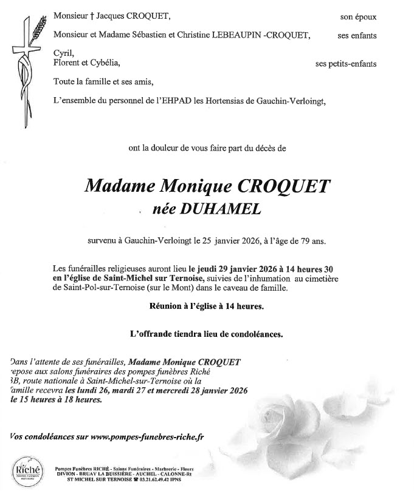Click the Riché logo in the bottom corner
(25, 469)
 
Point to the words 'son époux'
(358, 17)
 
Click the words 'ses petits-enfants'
(346, 63)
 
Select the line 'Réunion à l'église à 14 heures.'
(207, 306)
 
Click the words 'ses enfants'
(357, 36)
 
